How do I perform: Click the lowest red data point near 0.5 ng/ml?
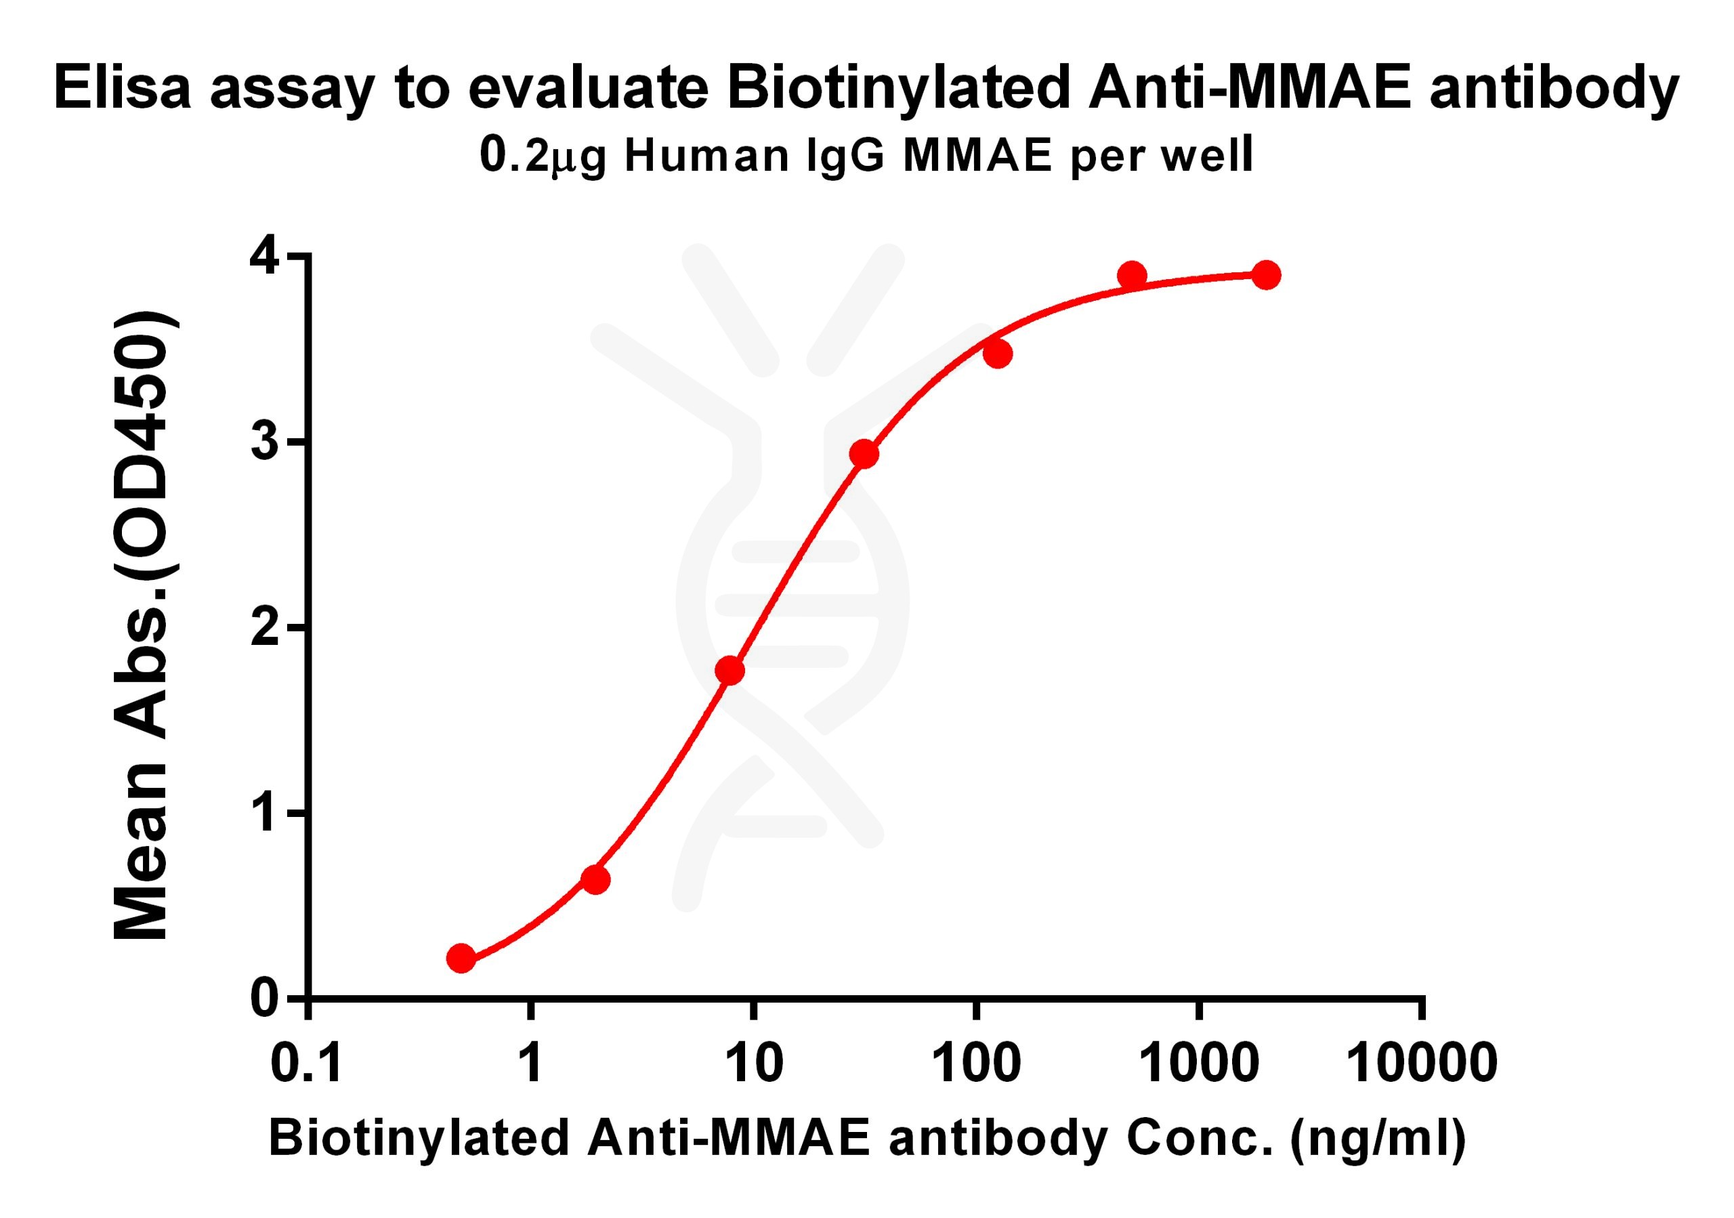(461, 959)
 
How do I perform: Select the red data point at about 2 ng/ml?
(595, 880)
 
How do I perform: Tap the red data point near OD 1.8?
(729, 670)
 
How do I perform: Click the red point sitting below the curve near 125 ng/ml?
(998, 354)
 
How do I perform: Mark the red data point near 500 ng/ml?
(1131, 276)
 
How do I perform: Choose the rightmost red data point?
(1266, 275)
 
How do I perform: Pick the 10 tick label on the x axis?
(754, 1064)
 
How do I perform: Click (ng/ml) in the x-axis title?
(1378, 1138)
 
